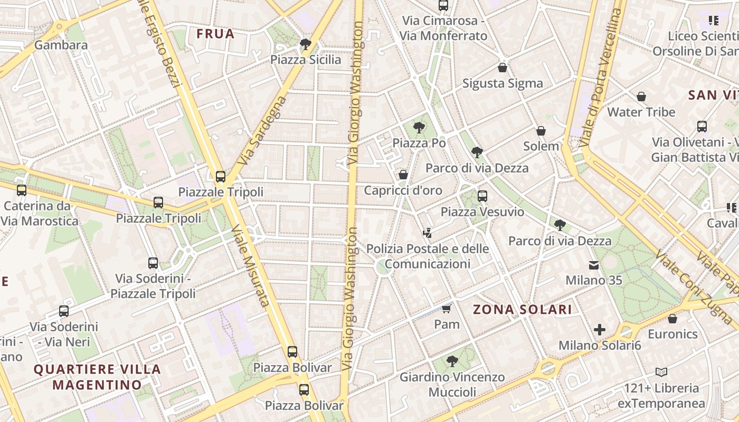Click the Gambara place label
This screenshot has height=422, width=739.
(61, 45)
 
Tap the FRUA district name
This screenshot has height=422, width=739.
(215, 34)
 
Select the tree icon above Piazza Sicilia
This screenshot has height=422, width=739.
(305, 44)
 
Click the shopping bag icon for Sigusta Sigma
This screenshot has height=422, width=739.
(503, 68)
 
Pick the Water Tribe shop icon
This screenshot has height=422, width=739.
(641, 97)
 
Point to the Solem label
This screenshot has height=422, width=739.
(541, 146)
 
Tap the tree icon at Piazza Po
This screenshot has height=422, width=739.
(419, 127)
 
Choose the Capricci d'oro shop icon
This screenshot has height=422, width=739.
(403, 175)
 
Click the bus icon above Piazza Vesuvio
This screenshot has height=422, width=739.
(482, 196)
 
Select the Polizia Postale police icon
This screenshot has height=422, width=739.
(428, 232)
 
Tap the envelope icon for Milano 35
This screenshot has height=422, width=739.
(594, 265)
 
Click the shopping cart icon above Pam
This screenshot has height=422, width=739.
(447, 308)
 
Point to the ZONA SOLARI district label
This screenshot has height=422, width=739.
(522, 310)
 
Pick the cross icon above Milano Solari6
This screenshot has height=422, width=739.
(600, 330)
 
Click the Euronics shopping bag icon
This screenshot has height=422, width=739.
(672, 319)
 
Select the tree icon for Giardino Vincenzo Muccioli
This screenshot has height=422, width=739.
(452, 361)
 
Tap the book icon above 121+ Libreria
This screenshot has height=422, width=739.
(661, 372)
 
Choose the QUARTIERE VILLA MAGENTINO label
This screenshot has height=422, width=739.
(97, 377)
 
